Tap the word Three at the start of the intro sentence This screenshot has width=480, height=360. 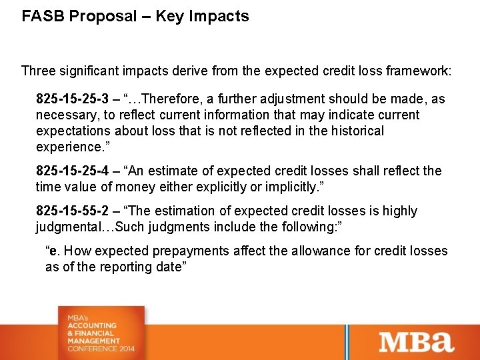[x=39, y=70]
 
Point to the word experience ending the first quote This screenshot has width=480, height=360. [x=65, y=147]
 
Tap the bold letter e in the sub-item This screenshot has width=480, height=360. [x=53, y=251]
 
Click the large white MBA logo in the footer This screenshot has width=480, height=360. [x=417, y=342]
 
